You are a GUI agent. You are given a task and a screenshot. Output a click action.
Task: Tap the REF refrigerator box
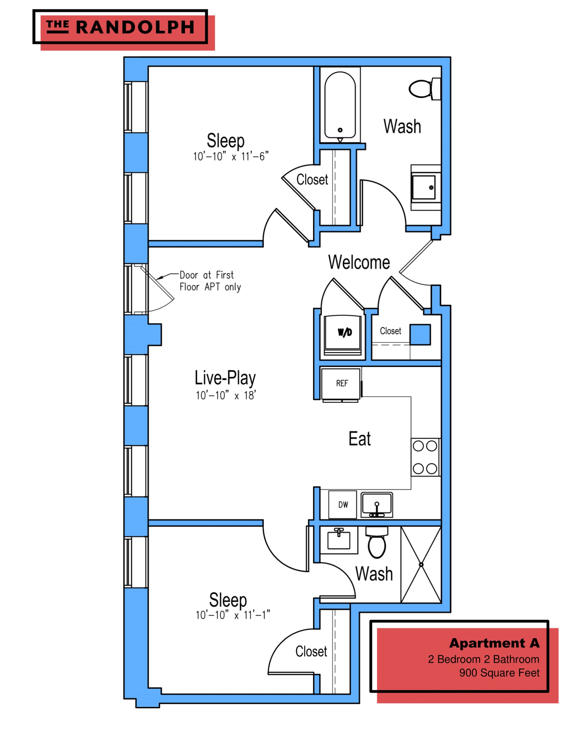(341, 383)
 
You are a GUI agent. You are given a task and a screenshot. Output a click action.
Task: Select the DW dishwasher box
(343, 504)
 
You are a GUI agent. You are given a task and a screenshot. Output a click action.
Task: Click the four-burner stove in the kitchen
(425, 457)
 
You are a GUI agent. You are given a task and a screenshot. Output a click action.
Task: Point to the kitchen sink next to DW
(377, 505)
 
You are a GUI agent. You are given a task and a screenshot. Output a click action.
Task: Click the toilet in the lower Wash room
(377, 543)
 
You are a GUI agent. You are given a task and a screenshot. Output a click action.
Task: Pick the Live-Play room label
(225, 378)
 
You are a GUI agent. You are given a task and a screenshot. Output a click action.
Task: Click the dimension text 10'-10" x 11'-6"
(231, 157)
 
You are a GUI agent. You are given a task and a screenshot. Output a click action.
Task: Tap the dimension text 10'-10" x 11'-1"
(233, 615)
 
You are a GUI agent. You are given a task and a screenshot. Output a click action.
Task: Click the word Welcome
(359, 262)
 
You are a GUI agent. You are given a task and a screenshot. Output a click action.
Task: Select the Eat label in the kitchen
(359, 439)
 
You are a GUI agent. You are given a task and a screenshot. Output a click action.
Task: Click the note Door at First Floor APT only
(210, 281)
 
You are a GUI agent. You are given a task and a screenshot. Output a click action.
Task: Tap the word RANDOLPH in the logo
(135, 28)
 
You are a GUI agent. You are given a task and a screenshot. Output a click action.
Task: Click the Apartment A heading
(494, 643)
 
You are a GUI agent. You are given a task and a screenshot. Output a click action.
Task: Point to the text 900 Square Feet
(499, 673)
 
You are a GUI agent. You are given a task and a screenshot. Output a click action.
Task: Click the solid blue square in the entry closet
(420, 334)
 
